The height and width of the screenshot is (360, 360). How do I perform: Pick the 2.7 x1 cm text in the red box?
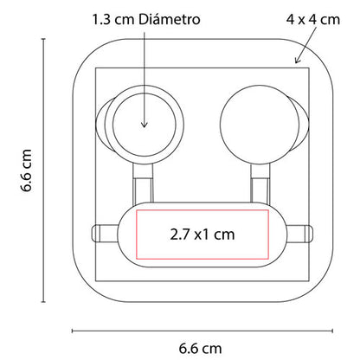[x=201, y=233]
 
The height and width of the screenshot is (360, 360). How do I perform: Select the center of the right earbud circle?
[x=254, y=118]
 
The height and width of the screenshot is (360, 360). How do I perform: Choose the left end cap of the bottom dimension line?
[x=72, y=329]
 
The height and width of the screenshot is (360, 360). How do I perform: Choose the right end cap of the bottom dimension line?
[x=330, y=329]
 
